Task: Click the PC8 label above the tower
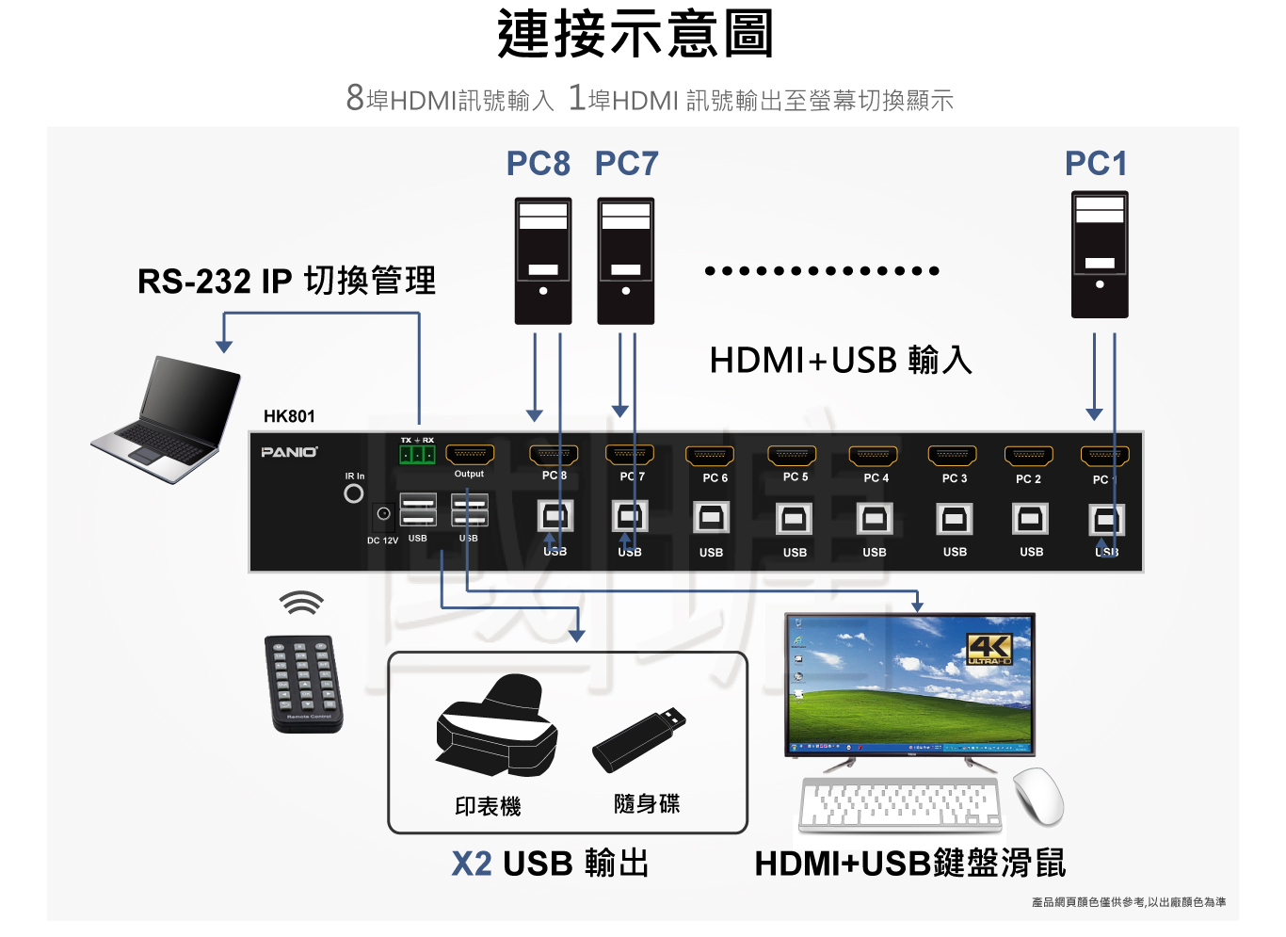(x=538, y=164)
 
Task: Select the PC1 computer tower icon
(x=1099, y=254)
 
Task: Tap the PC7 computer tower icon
(x=625, y=261)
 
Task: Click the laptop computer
(x=169, y=418)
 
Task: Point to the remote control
(x=303, y=684)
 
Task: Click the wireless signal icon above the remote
(x=301, y=604)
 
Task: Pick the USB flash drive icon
(x=638, y=740)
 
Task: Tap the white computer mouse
(x=1038, y=796)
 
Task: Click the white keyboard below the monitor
(x=900, y=806)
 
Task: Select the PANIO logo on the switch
(x=289, y=452)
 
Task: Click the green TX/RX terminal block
(x=416, y=455)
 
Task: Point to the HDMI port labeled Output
(x=469, y=455)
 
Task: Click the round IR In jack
(x=354, y=493)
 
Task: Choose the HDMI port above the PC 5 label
(x=793, y=456)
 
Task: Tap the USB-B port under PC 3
(x=954, y=519)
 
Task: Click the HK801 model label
(x=289, y=416)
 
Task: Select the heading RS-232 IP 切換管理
(x=286, y=281)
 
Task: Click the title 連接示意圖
(x=635, y=35)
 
